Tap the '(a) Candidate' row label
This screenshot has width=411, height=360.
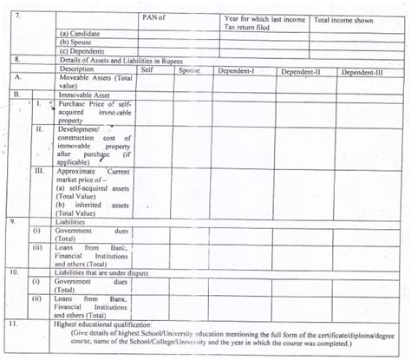tap(79, 33)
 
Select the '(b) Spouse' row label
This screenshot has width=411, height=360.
tap(75, 42)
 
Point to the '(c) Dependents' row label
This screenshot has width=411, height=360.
tap(82, 50)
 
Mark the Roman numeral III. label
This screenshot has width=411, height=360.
tap(39, 173)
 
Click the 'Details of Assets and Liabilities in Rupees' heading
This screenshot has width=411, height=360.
tap(121, 59)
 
